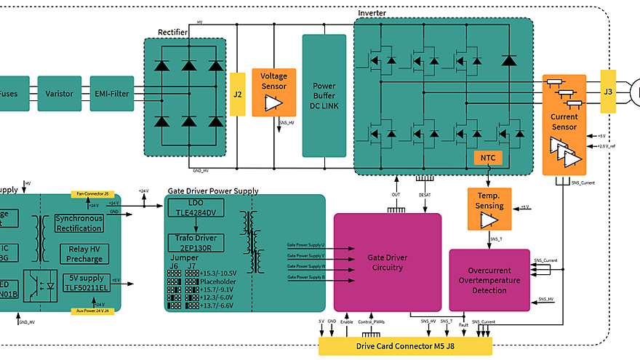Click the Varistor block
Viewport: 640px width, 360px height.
click(x=59, y=94)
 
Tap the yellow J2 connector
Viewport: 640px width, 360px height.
click(x=238, y=94)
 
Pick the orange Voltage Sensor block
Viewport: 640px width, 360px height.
click(x=274, y=92)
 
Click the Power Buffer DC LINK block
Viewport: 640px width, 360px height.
click(x=324, y=95)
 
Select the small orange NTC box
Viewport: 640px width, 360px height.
click(x=487, y=157)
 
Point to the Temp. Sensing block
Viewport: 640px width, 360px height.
click(x=489, y=209)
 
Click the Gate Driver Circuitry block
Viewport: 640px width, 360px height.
click(x=387, y=262)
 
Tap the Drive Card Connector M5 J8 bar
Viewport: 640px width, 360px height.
click(x=405, y=346)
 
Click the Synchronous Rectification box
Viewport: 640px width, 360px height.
click(x=79, y=223)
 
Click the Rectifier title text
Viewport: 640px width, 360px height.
click(x=173, y=32)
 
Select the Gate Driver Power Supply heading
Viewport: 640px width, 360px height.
click(x=213, y=191)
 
